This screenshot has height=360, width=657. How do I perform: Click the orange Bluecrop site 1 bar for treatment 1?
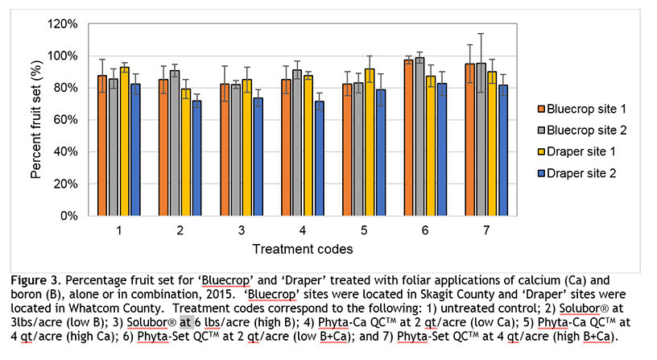pyautogui.click(x=101, y=145)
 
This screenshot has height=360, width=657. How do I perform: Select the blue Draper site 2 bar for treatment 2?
pyautogui.click(x=197, y=158)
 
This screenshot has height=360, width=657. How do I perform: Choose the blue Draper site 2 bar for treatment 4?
pyautogui.click(x=320, y=159)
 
